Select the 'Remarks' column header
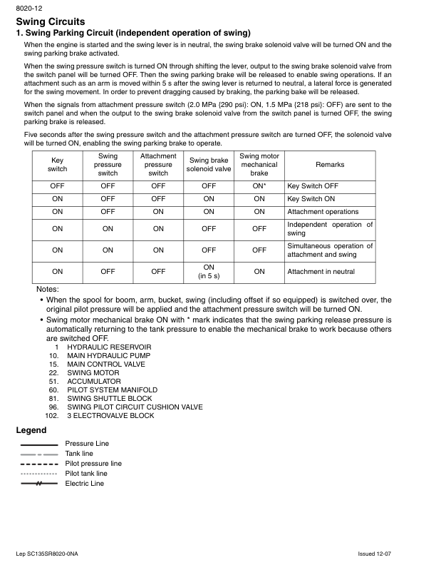tap(330, 165)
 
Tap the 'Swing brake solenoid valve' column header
tap(209, 165)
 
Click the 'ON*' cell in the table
tap(259, 185)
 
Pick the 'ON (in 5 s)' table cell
tap(209, 272)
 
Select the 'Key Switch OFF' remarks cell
tap(313, 185)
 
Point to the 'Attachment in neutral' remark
tap(321, 272)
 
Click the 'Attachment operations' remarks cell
tap(323, 212)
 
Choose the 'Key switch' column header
tap(57, 165)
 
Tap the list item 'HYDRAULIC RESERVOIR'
tap(109, 347)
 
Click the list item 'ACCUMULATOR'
tap(94, 381)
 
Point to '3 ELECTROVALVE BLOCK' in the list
tap(110, 415)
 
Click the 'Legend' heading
tap(31, 430)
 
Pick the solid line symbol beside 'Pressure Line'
tap(39, 444)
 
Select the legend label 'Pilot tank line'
tap(86, 474)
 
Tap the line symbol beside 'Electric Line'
tap(39, 484)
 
